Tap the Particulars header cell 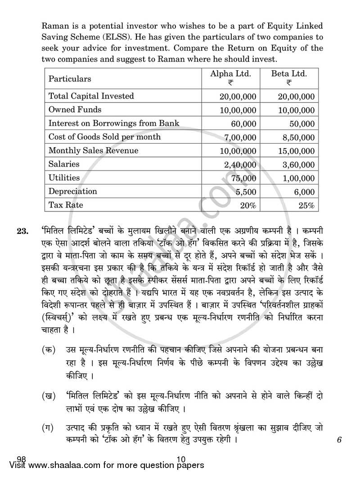[x=70, y=79]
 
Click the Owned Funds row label [x=75, y=109]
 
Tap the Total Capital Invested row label [x=91, y=96]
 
